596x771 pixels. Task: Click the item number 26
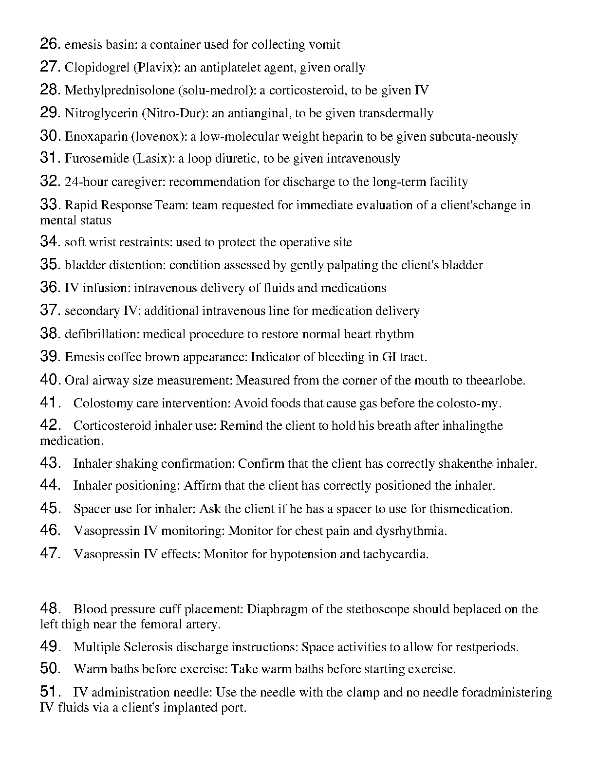click(x=50, y=44)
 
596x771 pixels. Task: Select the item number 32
click(x=50, y=182)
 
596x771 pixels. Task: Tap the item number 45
click(x=50, y=509)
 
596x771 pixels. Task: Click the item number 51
click(x=50, y=692)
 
